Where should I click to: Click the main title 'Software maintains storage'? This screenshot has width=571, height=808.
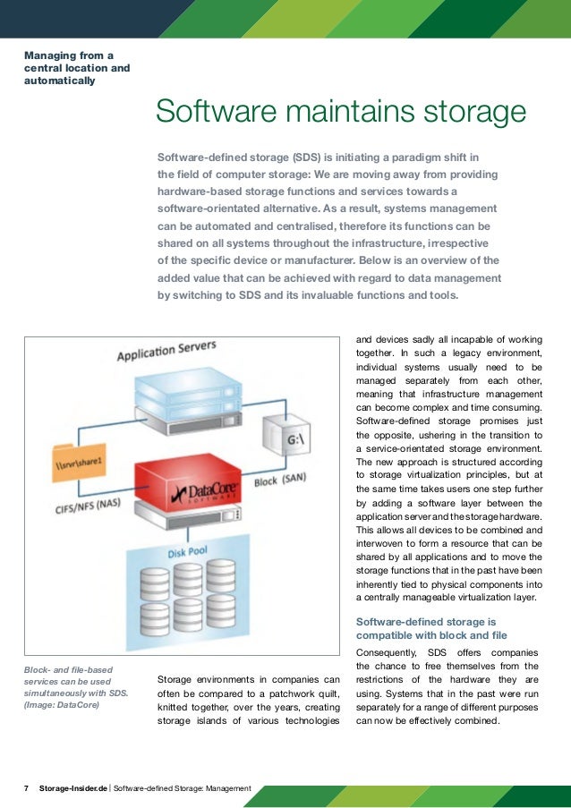tap(340, 113)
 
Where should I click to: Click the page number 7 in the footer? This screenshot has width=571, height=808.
tap(26, 788)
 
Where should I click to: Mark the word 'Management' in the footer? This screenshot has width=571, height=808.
tap(228, 788)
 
